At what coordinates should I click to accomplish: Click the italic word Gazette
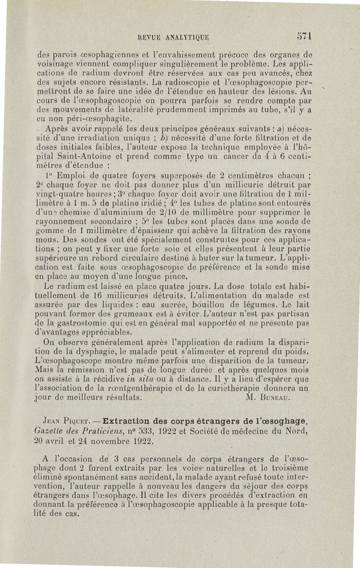click(x=49, y=432)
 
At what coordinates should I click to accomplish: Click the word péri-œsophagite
click(x=96, y=120)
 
